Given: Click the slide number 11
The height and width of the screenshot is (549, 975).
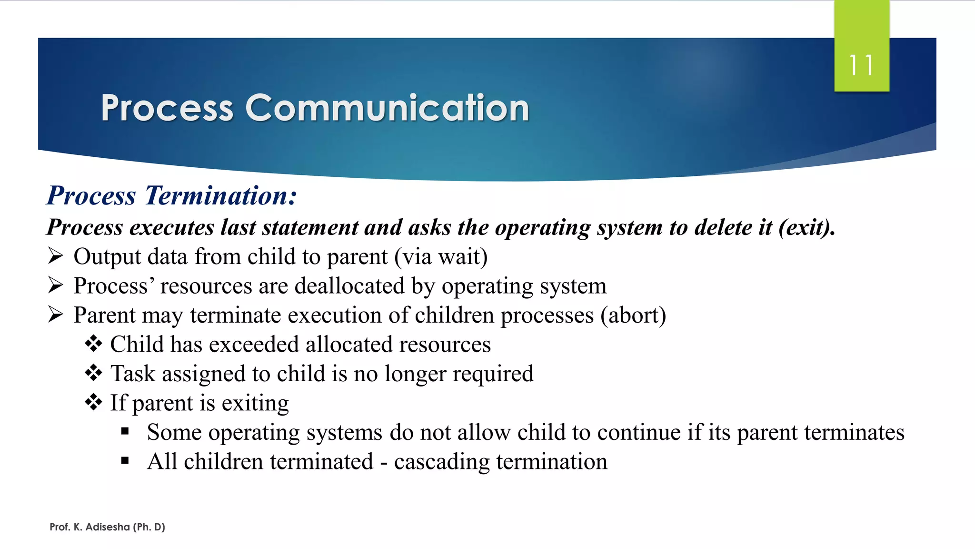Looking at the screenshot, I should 861,65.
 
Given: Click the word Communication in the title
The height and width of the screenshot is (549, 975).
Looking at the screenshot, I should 387,108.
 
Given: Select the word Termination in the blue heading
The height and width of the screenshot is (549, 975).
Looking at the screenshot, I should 220,196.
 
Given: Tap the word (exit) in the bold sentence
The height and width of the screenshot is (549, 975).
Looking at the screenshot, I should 806,227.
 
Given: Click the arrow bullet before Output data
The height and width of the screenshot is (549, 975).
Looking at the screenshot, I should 56,256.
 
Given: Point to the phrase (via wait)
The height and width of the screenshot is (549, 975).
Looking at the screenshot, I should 440,257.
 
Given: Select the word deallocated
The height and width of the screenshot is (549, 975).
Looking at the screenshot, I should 349,286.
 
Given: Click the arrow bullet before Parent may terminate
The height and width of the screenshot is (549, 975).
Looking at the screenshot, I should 56,315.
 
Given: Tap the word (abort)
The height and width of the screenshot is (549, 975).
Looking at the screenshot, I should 633,315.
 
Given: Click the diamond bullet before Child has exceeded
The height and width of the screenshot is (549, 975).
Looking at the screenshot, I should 93,344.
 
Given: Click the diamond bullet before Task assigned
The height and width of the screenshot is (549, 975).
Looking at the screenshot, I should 93,373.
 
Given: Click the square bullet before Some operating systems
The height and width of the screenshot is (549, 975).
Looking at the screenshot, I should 125,432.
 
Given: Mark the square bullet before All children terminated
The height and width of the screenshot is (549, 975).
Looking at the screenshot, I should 125,461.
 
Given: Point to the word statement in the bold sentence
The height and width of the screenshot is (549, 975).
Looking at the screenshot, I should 310,227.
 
